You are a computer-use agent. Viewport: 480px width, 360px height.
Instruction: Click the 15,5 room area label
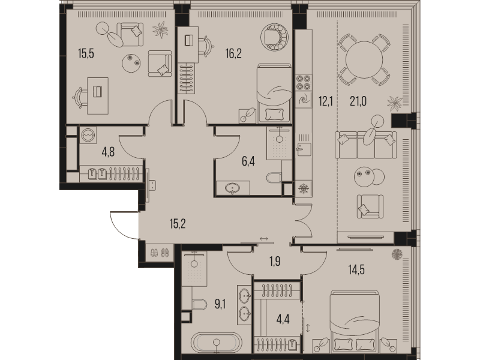point(87,53)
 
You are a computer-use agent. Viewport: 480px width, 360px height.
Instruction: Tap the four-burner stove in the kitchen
point(303,81)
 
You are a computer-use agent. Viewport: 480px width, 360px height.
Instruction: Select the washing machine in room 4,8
point(88,134)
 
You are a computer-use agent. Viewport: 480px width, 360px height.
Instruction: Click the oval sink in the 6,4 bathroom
point(233,189)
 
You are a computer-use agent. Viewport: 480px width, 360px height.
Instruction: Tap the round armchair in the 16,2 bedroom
point(277,36)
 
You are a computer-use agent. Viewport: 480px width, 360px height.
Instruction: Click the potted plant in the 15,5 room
point(161,28)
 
